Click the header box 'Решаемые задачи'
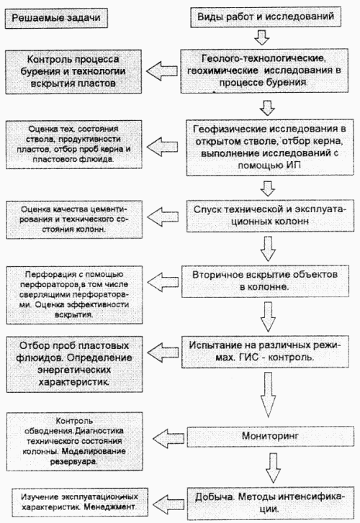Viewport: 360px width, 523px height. [x=56, y=18]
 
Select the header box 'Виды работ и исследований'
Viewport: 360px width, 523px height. [x=266, y=17]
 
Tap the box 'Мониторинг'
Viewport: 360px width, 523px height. [x=270, y=436]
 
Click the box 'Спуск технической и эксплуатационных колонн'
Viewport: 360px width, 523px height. [x=270, y=216]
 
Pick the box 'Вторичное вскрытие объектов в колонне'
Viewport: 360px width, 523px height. [x=265, y=281]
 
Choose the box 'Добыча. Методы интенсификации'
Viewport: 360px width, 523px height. [x=270, y=503]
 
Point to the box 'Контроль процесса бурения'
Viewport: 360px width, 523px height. [x=73, y=71]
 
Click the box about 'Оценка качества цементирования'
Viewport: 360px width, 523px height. [x=74, y=220]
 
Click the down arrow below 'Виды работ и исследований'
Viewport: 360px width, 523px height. [x=262, y=37]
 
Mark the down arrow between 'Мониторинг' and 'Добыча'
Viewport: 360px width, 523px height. [x=273, y=468]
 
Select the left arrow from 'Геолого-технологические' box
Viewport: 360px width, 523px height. [x=162, y=71]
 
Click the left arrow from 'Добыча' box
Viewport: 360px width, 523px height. [x=168, y=504]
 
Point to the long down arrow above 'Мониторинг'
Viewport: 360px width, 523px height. [x=268, y=395]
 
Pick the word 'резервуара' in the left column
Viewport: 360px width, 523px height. [x=74, y=462]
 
